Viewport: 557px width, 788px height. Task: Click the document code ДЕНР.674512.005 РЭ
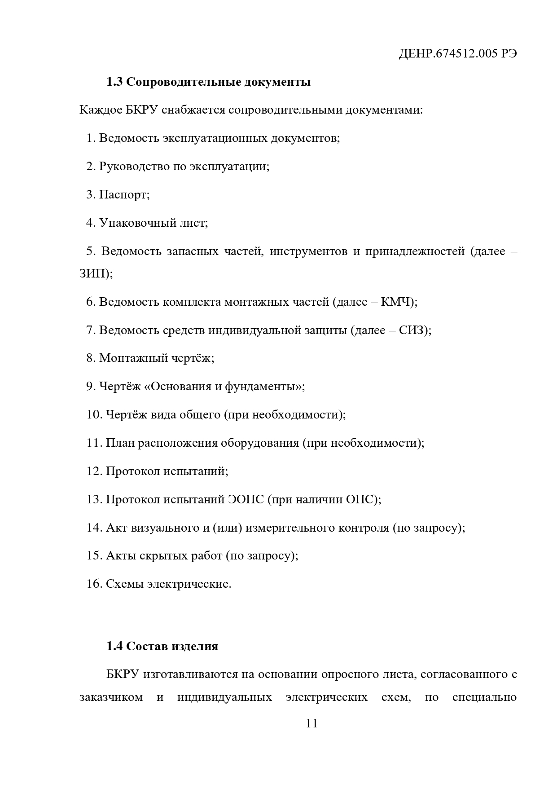(x=458, y=54)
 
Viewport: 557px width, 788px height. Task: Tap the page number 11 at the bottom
(x=311, y=723)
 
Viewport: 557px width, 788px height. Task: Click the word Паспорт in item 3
(x=123, y=195)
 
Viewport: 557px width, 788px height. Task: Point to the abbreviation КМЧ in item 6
(x=397, y=302)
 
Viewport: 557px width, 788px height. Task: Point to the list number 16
(x=94, y=584)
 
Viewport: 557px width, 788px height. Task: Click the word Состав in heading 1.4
(x=147, y=646)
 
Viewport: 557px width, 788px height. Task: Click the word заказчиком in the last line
(x=111, y=697)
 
